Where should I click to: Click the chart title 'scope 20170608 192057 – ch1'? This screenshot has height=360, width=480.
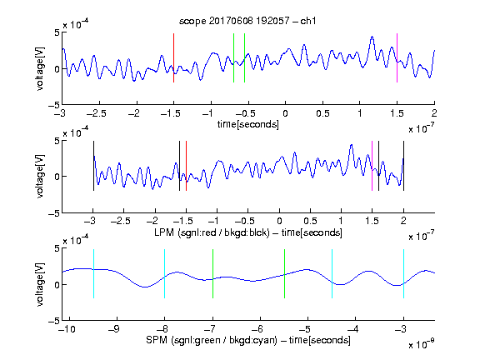tap(247, 21)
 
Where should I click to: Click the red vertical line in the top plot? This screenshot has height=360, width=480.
tap(173, 57)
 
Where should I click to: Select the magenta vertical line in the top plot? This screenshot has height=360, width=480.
tap(397, 57)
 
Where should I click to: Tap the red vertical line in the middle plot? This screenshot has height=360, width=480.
tap(186, 166)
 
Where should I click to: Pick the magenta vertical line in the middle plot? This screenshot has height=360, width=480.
tap(372, 166)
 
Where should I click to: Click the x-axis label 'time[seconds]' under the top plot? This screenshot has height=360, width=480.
tap(248, 124)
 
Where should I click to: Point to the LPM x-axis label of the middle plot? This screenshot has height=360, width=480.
tap(248, 232)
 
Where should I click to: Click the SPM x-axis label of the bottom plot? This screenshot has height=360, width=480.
tap(248, 340)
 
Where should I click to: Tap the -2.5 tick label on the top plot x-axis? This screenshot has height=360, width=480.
tap(96, 113)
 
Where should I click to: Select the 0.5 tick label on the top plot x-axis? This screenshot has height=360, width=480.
tap(322, 113)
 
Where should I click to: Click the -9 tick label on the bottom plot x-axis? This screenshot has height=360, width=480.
tap(114, 329)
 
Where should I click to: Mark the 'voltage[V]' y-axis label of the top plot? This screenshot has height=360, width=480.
tap(40, 68)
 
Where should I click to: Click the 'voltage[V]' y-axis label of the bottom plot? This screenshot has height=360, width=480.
tap(40, 284)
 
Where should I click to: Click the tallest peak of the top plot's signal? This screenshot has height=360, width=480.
tap(372, 37)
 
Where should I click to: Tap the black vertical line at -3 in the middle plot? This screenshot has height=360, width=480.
tap(93, 166)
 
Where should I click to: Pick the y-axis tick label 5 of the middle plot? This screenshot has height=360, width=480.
tap(57, 141)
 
